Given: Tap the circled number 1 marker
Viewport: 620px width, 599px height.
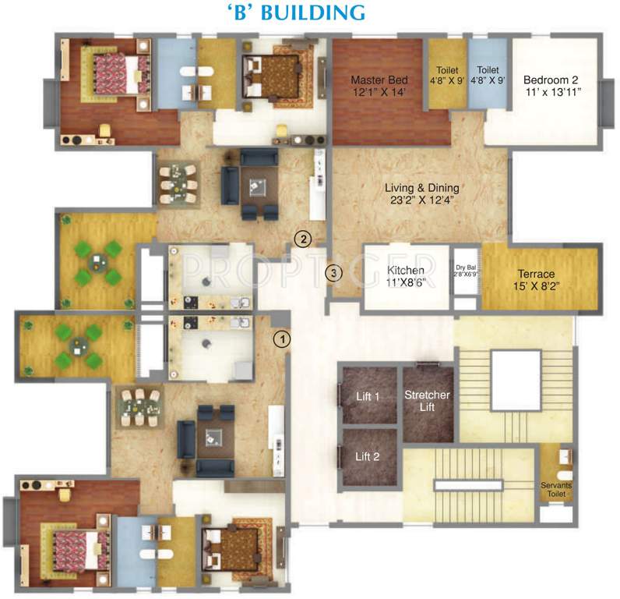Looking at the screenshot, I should [x=282, y=338].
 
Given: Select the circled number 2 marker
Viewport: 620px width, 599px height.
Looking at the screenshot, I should [x=303, y=239].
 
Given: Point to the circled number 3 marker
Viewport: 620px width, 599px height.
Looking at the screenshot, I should [x=333, y=273].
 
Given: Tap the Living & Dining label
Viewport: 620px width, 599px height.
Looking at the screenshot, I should [x=421, y=188].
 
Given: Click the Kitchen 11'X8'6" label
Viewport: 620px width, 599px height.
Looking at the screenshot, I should [x=407, y=277].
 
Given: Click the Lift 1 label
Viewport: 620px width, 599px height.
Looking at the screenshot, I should [x=368, y=397].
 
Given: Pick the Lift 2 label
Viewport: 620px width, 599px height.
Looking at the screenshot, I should [x=368, y=456].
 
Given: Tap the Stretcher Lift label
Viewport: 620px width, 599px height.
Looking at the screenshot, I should [x=427, y=401].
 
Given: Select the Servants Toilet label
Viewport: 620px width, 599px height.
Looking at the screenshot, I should [x=557, y=491].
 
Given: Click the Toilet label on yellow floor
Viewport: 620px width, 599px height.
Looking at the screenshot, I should [x=448, y=74].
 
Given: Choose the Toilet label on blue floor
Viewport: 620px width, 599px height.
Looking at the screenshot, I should [x=488, y=74].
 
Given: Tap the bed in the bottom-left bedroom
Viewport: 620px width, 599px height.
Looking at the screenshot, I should [x=72, y=538].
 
